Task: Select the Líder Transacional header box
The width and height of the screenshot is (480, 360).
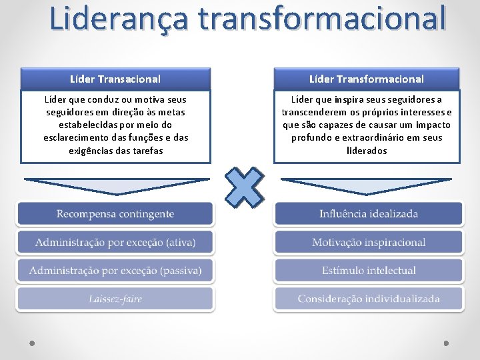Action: [115, 79]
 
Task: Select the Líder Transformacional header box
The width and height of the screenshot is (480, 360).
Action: [367, 79]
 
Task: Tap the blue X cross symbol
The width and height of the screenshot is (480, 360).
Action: [244, 187]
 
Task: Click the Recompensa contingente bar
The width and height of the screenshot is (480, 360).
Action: [115, 214]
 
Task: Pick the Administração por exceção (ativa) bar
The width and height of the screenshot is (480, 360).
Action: [115, 242]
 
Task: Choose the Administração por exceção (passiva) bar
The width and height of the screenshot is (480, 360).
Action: [115, 270]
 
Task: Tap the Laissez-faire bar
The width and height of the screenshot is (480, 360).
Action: [115, 299]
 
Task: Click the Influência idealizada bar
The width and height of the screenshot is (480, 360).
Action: [368, 214]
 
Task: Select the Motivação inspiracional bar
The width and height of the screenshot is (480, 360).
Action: [368, 242]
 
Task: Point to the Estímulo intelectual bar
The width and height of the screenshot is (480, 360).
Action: [368, 270]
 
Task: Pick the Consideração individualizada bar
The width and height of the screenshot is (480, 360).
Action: [368, 299]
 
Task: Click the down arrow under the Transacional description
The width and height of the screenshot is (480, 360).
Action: [115, 185]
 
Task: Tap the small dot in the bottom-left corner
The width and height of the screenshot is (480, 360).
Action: [32, 343]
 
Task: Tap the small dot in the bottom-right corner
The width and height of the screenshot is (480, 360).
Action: [446, 343]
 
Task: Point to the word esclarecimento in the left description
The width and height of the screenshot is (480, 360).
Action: [75, 137]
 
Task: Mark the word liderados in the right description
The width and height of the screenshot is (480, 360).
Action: [367, 151]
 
